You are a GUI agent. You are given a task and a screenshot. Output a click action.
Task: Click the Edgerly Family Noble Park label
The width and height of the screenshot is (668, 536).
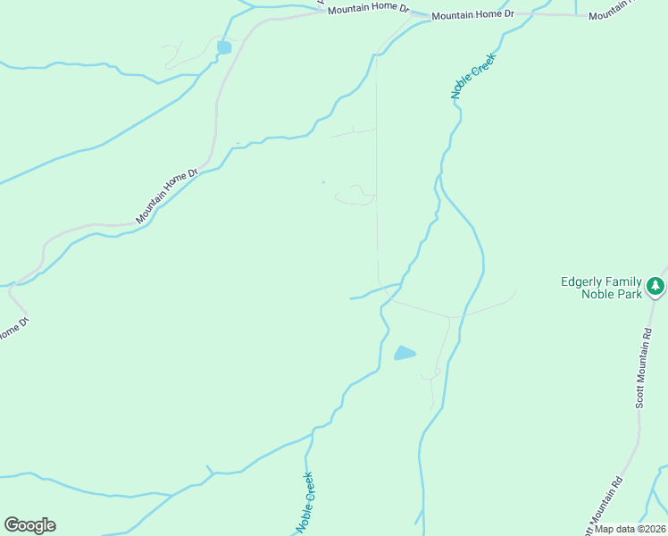(600, 288)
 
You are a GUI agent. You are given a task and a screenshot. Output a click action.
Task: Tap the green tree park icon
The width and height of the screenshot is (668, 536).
(656, 287)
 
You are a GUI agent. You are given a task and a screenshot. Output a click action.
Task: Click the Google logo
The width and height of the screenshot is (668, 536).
(29, 524)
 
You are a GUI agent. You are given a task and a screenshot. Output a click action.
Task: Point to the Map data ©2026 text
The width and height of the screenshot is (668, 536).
(630, 528)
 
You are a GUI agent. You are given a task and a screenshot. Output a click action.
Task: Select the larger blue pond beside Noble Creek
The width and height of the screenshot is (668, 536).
(405, 353)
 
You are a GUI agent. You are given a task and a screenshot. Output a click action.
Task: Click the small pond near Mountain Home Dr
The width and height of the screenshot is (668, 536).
(223, 46)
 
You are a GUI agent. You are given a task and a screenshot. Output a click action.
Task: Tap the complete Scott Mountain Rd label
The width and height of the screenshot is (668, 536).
(645, 367)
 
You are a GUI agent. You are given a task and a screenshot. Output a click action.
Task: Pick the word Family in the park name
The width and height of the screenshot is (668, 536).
(626, 281)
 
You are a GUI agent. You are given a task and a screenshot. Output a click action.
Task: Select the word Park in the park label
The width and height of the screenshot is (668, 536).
(630, 294)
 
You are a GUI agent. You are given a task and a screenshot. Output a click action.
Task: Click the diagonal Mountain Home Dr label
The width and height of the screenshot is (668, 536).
(167, 197)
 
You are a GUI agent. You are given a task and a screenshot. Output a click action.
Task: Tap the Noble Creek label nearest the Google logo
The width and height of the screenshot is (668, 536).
(305, 502)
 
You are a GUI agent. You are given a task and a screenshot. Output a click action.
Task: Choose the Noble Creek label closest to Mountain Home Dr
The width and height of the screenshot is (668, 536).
(472, 75)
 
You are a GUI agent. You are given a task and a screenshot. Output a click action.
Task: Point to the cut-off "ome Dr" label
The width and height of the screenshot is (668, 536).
(11, 328)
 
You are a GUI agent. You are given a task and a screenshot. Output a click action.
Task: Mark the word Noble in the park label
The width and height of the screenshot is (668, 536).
(597, 294)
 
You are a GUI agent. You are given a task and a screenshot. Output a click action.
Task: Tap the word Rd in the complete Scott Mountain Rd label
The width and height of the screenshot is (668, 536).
(648, 333)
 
